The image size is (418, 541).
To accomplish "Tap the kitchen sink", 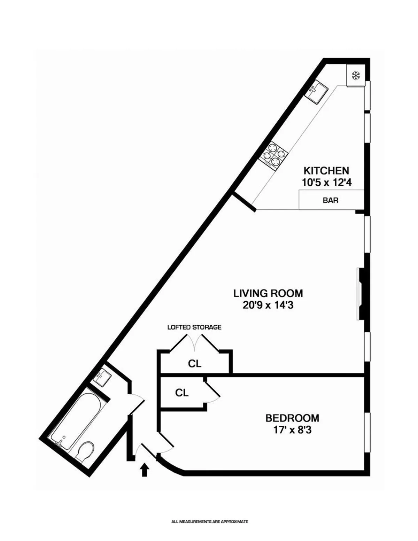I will (x=317, y=92).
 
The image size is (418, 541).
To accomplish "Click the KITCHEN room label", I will (x=326, y=171).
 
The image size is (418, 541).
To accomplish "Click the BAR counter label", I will (x=331, y=201).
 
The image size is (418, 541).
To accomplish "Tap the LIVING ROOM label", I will (x=268, y=293).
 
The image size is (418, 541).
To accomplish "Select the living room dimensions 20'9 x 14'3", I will (x=268, y=305).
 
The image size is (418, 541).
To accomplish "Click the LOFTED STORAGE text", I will (x=194, y=327).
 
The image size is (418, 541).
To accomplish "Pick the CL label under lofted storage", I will (x=194, y=364).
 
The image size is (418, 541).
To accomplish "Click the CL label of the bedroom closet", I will (x=181, y=393).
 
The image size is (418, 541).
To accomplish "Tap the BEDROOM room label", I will (x=292, y=418).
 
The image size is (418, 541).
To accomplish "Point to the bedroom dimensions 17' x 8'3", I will (x=292, y=430).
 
